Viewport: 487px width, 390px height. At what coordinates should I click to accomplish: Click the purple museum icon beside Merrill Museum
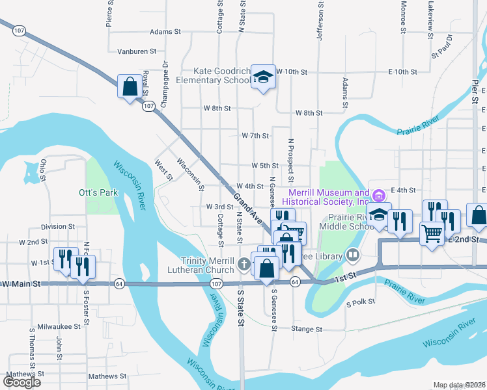click(x=376, y=194)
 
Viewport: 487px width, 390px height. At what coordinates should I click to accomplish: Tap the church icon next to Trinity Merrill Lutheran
click(x=244, y=264)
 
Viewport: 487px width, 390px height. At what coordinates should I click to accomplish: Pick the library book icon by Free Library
click(x=353, y=255)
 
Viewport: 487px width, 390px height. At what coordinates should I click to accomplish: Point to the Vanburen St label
click(x=137, y=51)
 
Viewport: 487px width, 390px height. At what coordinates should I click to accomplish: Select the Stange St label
click(x=307, y=330)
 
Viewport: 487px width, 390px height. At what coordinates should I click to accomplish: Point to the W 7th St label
click(x=255, y=136)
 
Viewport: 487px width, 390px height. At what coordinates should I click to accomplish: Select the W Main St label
click(x=21, y=284)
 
